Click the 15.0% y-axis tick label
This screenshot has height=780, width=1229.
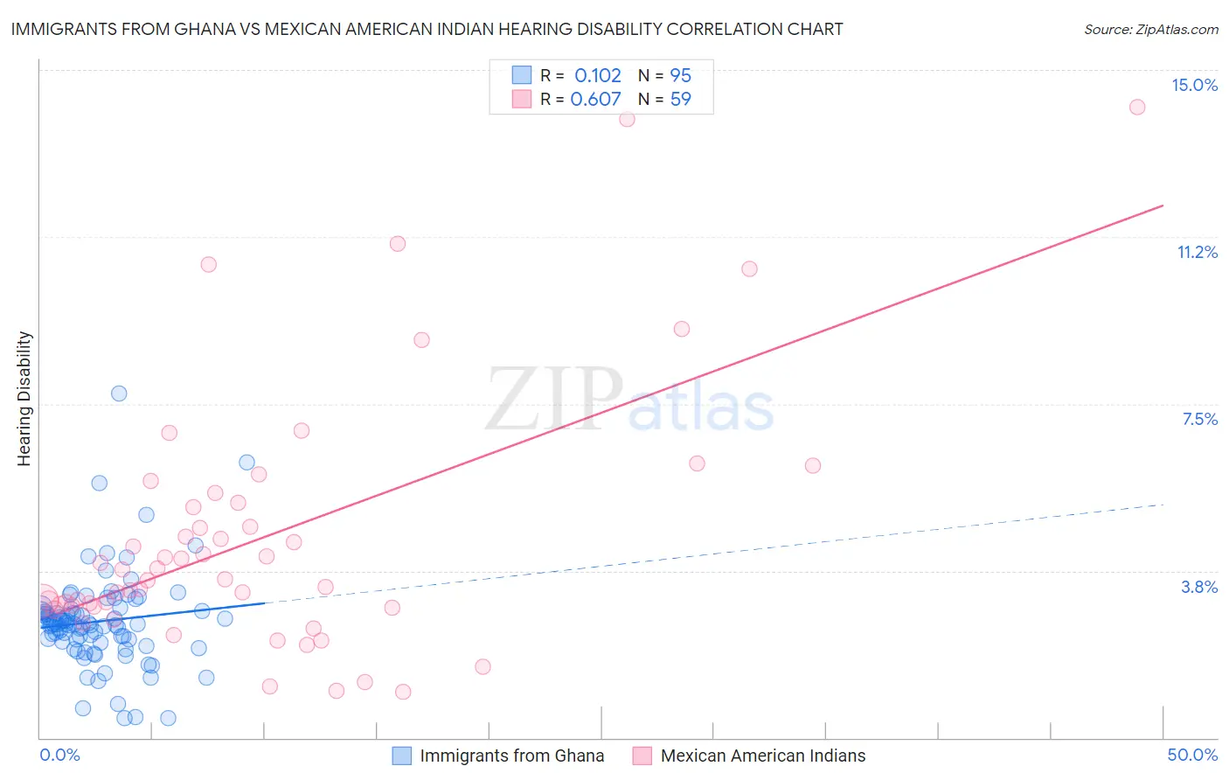pyautogui.click(x=1194, y=85)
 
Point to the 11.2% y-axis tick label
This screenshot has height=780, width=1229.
pyautogui.click(x=1197, y=252)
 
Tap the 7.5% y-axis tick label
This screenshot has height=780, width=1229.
pyautogui.click(x=1199, y=419)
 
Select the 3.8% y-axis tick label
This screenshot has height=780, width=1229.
pyautogui.click(x=1199, y=587)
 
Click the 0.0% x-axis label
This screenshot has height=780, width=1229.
pyautogui.click(x=59, y=755)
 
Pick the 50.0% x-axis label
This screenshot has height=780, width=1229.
pyautogui.click(x=1192, y=755)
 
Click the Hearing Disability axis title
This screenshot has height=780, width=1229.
pyautogui.click(x=24, y=399)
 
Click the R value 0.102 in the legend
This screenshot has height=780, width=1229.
pyautogui.click(x=598, y=75)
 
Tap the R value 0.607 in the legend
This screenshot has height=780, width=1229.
pyautogui.click(x=595, y=99)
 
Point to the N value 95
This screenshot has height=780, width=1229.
pyautogui.click(x=680, y=75)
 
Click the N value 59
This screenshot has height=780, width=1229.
pyautogui.click(x=680, y=99)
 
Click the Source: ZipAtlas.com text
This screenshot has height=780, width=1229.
pyautogui.click(x=1150, y=29)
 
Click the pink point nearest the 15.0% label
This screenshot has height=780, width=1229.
pyautogui.click(x=1137, y=107)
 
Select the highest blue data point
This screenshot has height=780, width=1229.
pyautogui.click(x=119, y=393)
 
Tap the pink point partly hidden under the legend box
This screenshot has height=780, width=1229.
pyautogui.click(x=627, y=119)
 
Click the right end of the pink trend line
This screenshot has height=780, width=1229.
pyautogui.click(x=1163, y=205)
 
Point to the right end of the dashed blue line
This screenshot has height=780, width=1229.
pyautogui.click(x=1163, y=505)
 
